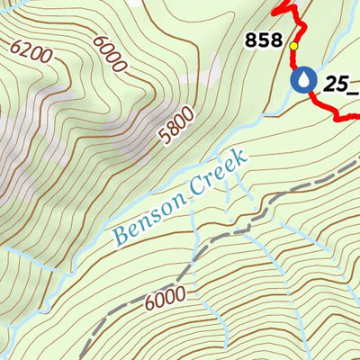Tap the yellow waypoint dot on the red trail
click(x=293, y=44)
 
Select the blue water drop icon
click(x=303, y=81)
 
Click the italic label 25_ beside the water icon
click(x=341, y=84)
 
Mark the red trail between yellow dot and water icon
click(x=294, y=59)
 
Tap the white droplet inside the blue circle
click(x=303, y=81)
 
